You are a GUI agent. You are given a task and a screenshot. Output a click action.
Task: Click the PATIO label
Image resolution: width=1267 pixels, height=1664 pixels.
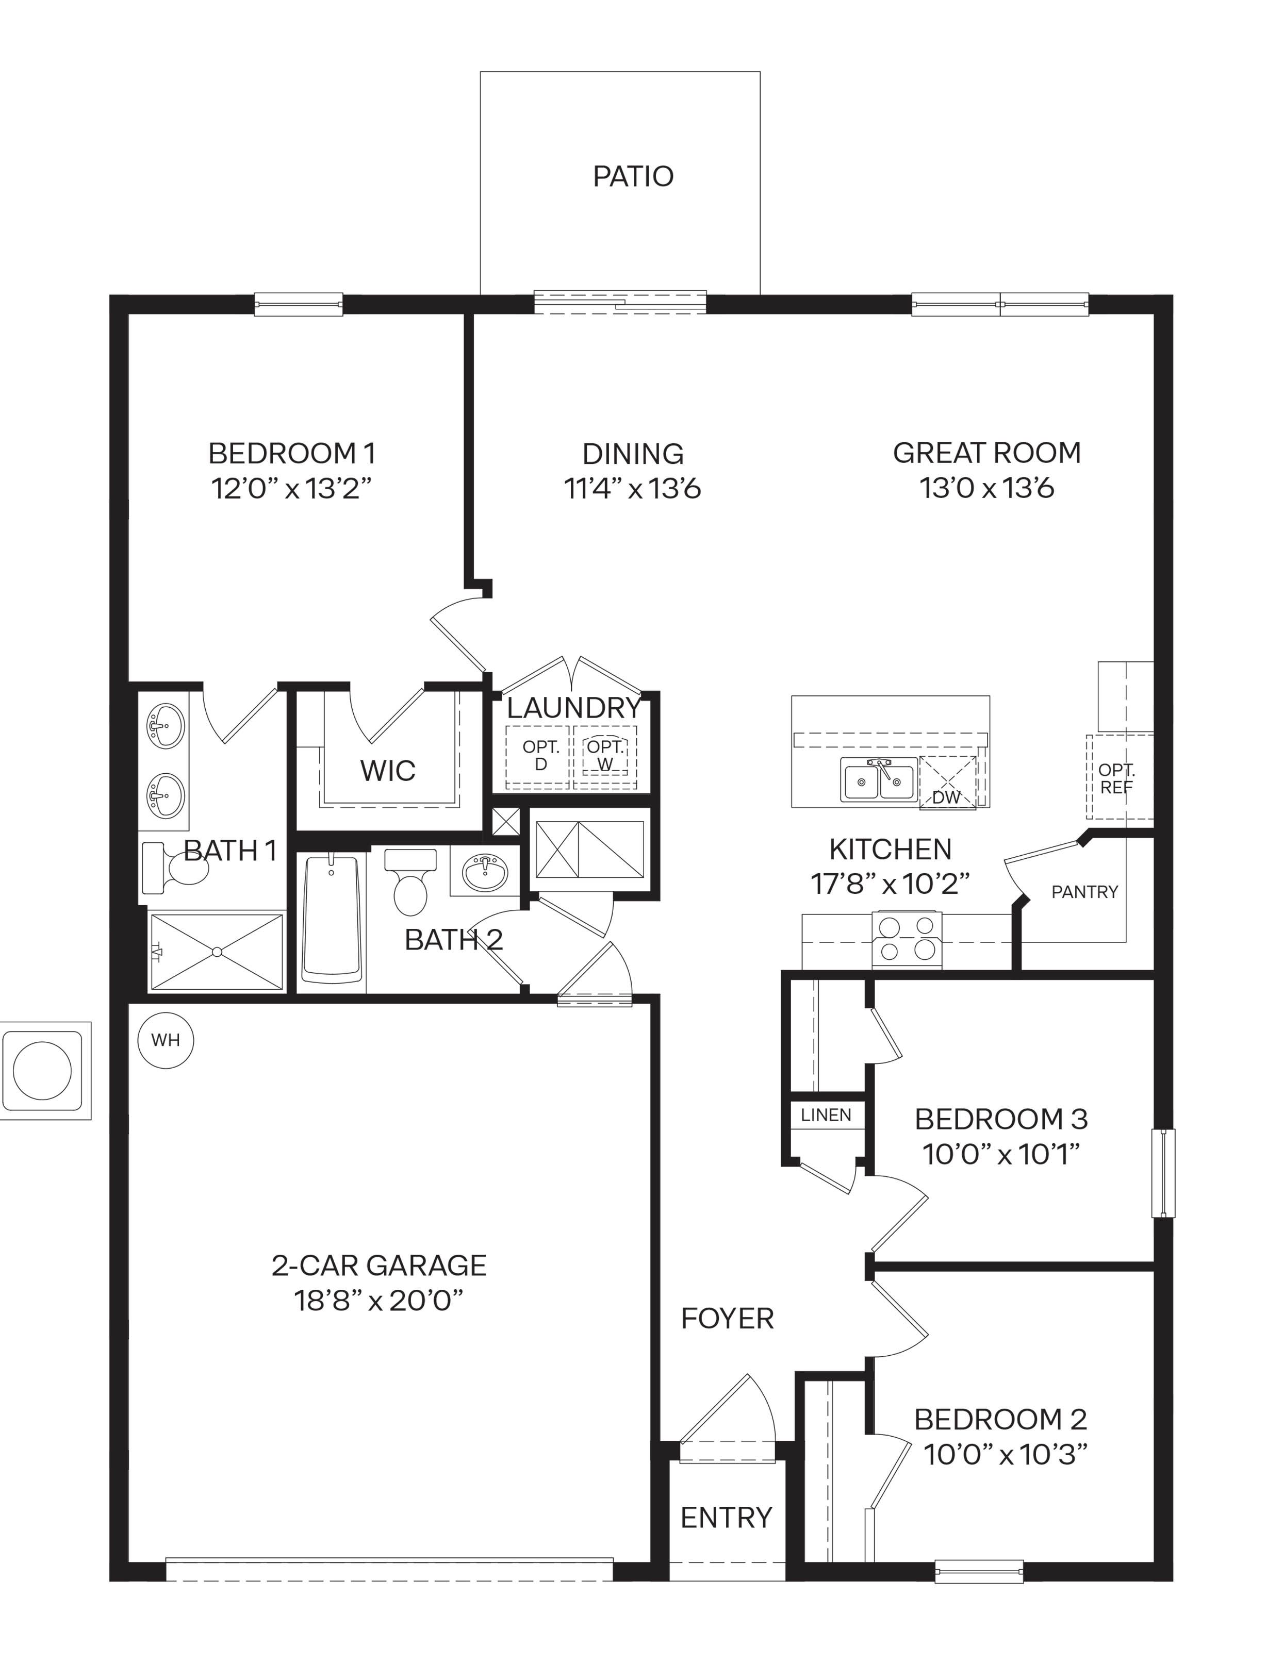point(633,176)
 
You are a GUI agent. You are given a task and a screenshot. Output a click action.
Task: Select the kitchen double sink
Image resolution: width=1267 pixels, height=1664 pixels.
point(879,779)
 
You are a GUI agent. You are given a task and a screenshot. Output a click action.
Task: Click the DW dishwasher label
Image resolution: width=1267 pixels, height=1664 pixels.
point(946,797)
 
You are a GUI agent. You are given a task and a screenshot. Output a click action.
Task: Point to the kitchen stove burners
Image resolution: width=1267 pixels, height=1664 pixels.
point(907,939)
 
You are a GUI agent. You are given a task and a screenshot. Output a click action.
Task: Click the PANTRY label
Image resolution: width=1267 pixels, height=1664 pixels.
point(1084,892)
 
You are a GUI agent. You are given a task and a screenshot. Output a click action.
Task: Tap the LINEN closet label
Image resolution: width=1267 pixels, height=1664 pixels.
point(826,1115)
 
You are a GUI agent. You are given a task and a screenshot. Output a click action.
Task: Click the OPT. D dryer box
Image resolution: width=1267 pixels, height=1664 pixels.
point(538,757)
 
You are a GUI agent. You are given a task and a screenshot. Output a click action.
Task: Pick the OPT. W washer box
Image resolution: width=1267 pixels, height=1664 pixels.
point(605,757)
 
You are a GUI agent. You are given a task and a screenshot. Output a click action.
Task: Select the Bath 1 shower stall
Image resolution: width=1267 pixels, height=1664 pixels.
point(217,952)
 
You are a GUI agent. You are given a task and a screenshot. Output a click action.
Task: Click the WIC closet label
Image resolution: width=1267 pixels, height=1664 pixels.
point(388,771)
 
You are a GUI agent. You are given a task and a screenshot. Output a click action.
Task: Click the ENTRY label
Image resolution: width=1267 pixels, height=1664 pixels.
point(726,1518)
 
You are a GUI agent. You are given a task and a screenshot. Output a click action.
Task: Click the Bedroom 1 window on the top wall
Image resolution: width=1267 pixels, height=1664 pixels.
point(299,305)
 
